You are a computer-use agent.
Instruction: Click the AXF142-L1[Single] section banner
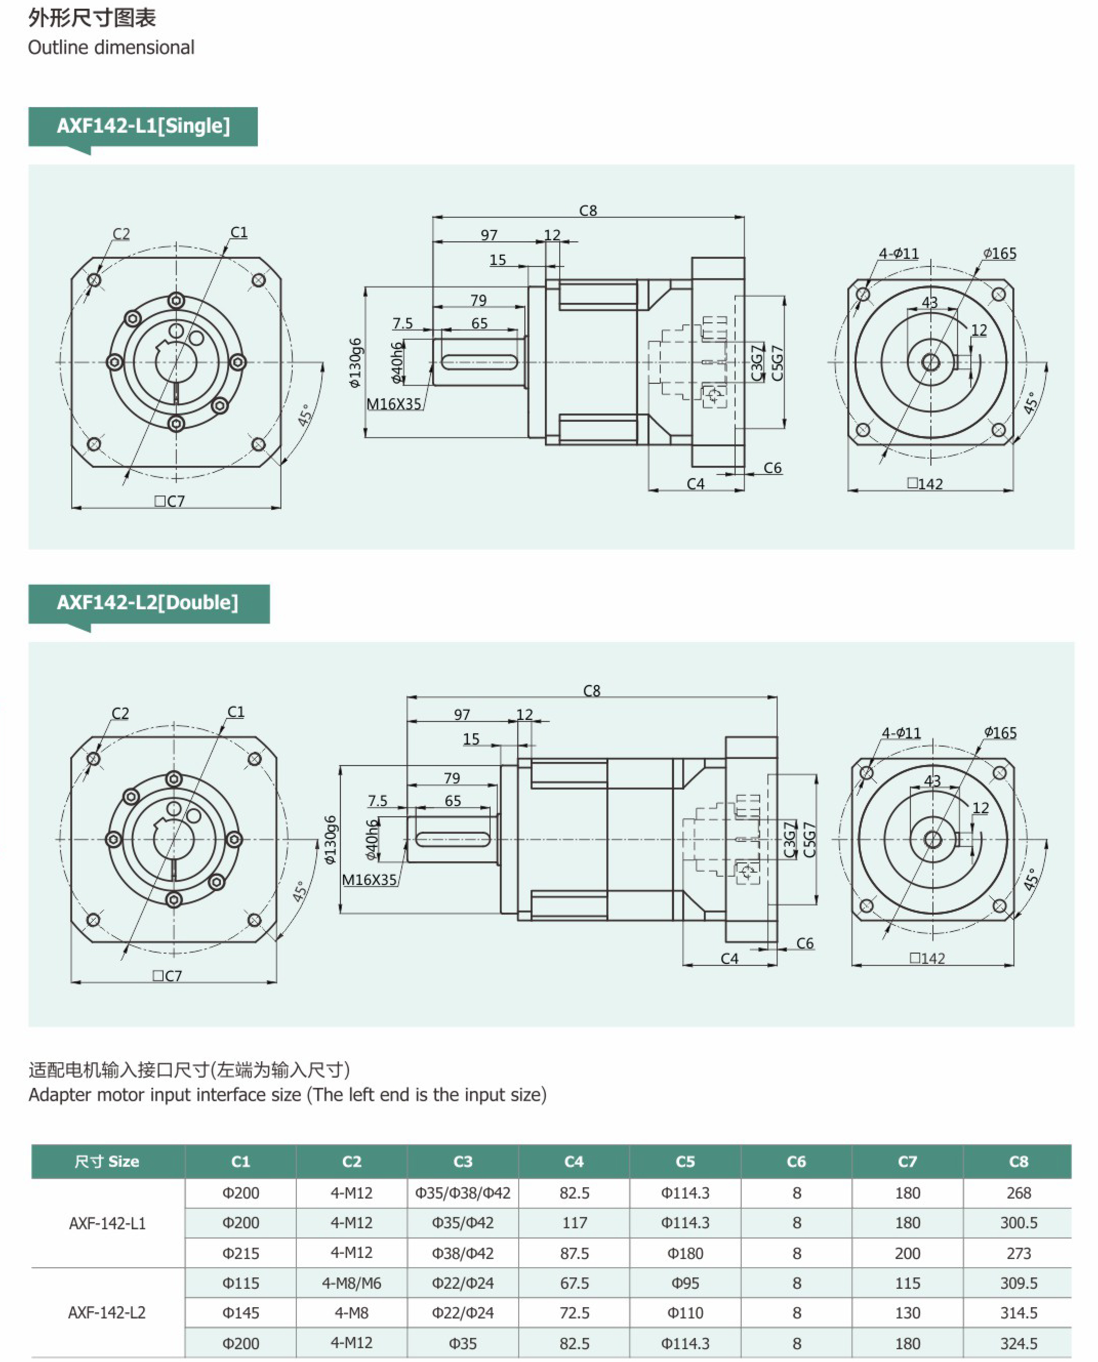143,127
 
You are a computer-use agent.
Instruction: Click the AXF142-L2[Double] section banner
149,603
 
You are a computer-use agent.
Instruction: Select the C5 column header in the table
685,1162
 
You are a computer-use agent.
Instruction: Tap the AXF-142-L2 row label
107,1313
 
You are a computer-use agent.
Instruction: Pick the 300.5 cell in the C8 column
1019,1223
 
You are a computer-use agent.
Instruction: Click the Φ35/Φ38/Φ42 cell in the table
462,1193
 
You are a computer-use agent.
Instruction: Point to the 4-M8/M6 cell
352,1283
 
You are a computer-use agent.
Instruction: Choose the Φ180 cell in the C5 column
685,1253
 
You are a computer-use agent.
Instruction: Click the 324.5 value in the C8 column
1019,1343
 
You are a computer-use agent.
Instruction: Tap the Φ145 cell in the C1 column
240,1313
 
